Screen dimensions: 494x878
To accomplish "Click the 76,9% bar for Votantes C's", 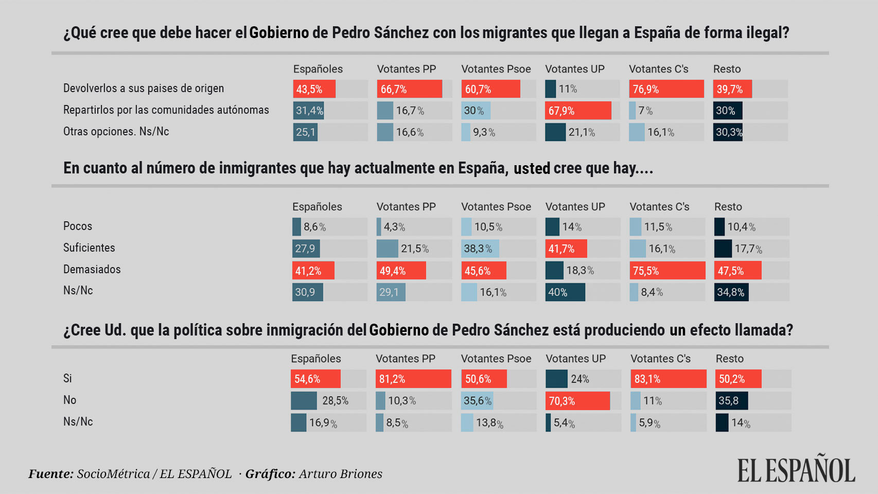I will coord(666,89).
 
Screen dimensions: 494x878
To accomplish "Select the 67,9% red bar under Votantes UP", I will coord(578,111).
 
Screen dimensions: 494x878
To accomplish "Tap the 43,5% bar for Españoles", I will coord(314,89).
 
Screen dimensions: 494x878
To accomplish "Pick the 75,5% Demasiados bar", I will coord(667,271).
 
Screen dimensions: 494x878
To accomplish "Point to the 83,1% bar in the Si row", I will coord(668,379).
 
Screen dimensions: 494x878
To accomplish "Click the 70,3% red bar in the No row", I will coord(577,401).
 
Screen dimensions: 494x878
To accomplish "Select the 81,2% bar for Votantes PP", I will coord(413,379).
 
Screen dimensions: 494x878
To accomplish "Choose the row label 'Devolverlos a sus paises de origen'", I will coord(144,88).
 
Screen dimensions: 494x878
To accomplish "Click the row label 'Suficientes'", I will coord(89,248).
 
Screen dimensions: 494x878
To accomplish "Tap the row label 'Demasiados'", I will coord(92,269).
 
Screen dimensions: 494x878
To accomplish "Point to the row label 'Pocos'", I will coord(78,226).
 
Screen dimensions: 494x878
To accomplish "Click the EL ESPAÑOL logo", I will coord(796,469).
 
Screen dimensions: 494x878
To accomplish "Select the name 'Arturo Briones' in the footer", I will coord(340,473).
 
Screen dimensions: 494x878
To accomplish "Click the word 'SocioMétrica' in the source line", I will coord(113,473).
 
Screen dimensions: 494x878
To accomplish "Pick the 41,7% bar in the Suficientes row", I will coord(566,249).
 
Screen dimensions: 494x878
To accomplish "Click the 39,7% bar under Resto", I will coord(732,89).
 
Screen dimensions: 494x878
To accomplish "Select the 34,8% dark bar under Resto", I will coord(731,292).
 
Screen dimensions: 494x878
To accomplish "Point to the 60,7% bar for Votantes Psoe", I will coord(490,89).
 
